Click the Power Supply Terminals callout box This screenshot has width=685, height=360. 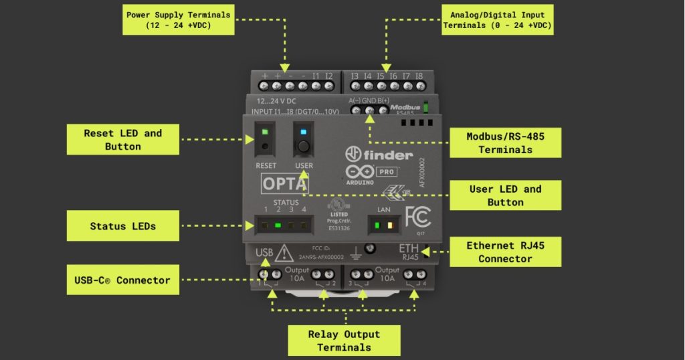[179, 19]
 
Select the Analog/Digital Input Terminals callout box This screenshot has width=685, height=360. [498, 19]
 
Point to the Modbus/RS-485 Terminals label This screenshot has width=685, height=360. [505, 143]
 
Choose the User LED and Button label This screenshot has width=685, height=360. [505, 195]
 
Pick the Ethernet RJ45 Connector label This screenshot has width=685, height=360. [505, 252]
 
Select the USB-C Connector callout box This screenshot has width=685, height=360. [122, 280]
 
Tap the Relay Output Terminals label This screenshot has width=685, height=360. [344, 340]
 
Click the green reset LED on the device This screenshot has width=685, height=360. [266, 132]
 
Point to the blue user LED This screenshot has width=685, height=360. [304, 132]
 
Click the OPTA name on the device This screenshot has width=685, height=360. [284, 183]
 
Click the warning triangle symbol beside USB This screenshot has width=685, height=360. [284, 254]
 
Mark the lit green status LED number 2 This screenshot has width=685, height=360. [278, 226]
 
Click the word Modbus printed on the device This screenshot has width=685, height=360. [405, 107]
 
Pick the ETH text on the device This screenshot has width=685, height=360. [408, 249]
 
